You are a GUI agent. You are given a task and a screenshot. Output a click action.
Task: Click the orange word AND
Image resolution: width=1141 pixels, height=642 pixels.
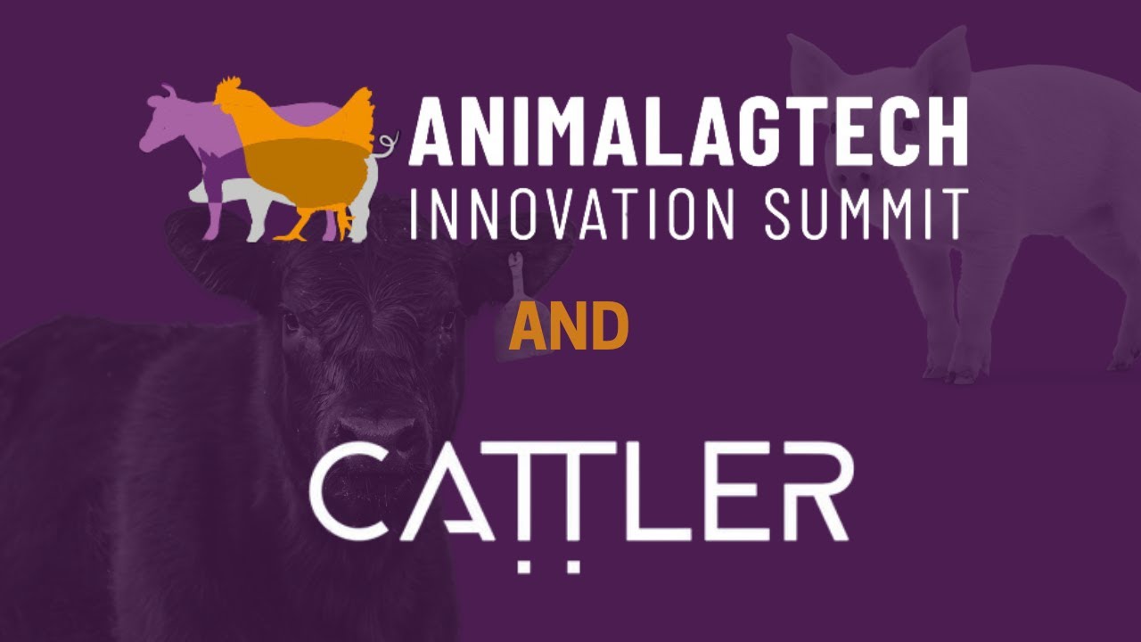coord(569,327)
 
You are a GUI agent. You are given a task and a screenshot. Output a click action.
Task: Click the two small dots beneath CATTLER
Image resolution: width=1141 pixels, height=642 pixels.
coord(551,565)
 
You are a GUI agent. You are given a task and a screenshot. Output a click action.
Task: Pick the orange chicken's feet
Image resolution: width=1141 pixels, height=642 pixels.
coord(294,233)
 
